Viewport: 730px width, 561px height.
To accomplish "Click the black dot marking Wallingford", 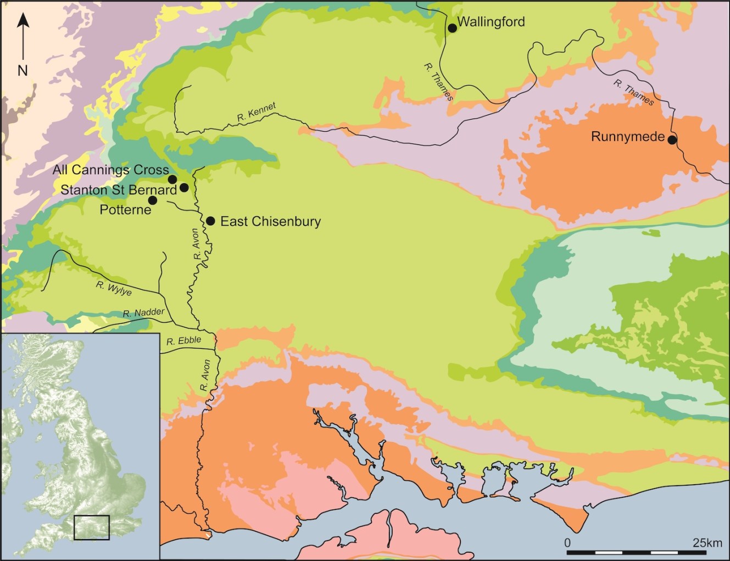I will point(452,28).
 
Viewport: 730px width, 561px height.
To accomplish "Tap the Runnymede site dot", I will point(672,140).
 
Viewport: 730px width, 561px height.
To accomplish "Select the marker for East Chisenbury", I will point(210,221).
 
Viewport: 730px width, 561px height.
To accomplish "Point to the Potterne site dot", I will point(153,200).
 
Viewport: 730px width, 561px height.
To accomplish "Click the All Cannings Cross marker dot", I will point(172,179).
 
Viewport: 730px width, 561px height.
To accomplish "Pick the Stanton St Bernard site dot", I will point(184,188).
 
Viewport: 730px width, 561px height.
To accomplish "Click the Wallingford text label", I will point(491,22).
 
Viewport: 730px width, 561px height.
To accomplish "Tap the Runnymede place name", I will point(627,137).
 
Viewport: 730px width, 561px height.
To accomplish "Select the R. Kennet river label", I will point(257,112).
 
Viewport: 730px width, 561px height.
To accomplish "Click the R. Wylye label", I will point(114,288).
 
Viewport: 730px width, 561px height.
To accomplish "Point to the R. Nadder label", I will point(143,313).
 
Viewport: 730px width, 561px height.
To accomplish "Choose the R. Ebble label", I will point(184,341).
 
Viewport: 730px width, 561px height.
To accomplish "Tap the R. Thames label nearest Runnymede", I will point(634,93).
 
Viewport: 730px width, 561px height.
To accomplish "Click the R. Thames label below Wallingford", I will point(438,82).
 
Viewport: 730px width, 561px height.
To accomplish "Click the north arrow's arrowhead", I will point(23,20).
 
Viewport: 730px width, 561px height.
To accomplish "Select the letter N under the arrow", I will point(23,70).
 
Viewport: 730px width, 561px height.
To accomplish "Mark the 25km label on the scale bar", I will point(707,543).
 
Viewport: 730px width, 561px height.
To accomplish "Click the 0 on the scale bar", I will point(567,543).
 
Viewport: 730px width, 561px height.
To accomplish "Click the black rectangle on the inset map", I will point(92,527).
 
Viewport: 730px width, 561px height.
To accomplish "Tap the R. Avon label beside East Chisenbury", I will point(196,244).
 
